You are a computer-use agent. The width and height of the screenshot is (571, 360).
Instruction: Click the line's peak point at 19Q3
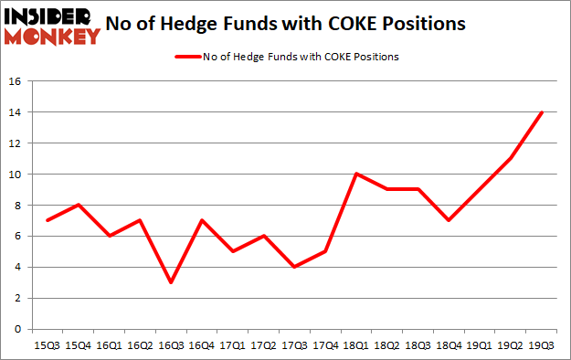pyautogui.click(x=542, y=112)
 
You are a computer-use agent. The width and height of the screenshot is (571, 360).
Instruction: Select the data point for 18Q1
pyautogui.click(x=357, y=174)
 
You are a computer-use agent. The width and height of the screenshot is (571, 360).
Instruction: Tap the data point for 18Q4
pyautogui.click(x=449, y=220)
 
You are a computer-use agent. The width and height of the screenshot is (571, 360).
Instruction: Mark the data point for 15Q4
pyautogui.click(x=79, y=205)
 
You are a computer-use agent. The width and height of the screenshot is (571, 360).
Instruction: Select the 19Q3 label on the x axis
pyautogui.click(x=542, y=344)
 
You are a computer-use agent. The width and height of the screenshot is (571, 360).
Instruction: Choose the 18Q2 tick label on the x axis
pyautogui.click(x=387, y=344)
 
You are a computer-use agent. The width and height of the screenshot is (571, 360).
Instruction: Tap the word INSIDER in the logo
pyautogui.click(x=50, y=15)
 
